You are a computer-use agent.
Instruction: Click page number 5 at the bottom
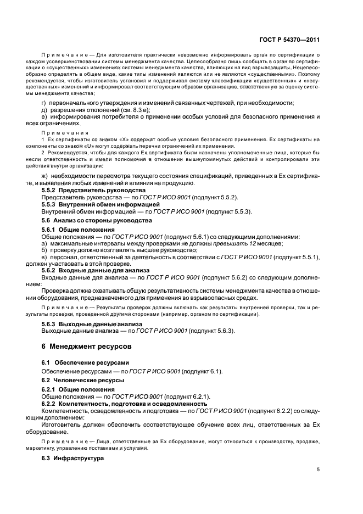(x=319, y=470)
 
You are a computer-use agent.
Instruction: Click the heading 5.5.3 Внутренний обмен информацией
(x=90, y=204)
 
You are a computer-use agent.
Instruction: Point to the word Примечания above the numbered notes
(x=65, y=133)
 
